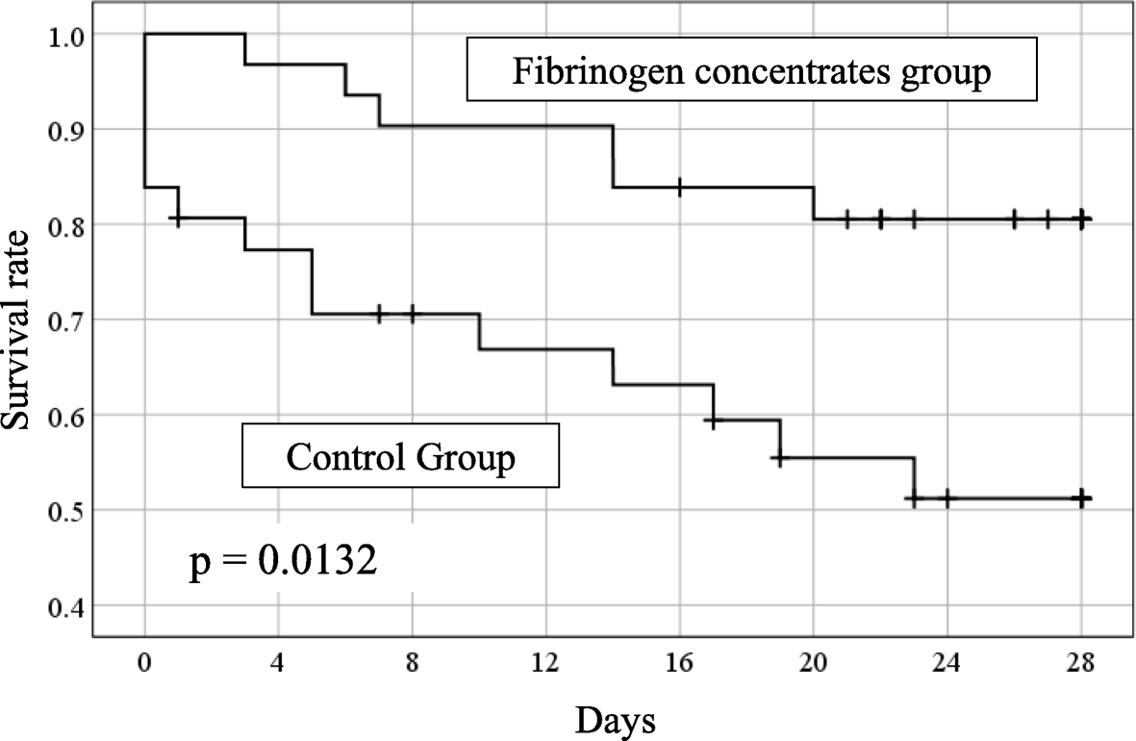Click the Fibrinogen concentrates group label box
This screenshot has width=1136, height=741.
pyautogui.click(x=751, y=70)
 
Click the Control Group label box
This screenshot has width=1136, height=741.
pyautogui.click(x=400, y=456)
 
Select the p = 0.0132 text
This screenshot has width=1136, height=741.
pyautogui.click(x=282, y=561)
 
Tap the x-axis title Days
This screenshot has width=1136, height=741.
pyautogui.click(x=616, y=718)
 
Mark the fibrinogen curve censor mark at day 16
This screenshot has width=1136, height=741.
pyautogui.click(x=680, y=187)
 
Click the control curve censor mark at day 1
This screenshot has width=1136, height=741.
pyautogui.click(x=177, y=219)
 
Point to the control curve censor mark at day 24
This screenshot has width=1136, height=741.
pyautogui.click(x=947, y=498)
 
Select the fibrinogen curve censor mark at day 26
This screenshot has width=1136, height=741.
pyautogui.click(x=1014, y=219)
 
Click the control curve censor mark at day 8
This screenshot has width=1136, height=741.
pyautogui.click(x=412, y=314)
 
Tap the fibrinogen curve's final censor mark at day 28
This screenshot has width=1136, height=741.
pyautogui.click(x=1082, y=219)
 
